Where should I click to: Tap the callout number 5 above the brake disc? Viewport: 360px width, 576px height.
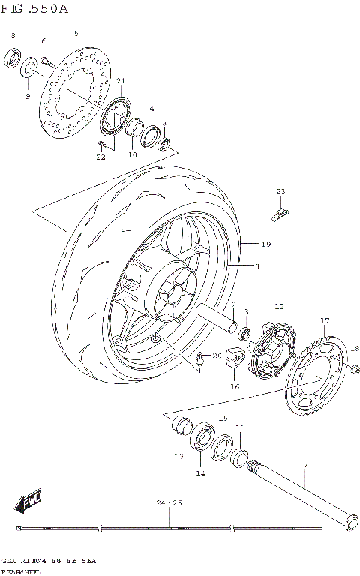click(76, 34)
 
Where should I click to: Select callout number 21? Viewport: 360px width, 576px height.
click(120, 81)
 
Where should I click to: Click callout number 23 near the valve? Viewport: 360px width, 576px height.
click(280, 192)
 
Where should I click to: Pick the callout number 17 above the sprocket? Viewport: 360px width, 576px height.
click(324, 320)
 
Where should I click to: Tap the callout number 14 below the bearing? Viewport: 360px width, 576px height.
click(200, 474)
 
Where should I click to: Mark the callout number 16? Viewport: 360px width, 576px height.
click(234, 387)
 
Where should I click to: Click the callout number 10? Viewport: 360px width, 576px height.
click(132, 155)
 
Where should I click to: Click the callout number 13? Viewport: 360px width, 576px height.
click(179, 455)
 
